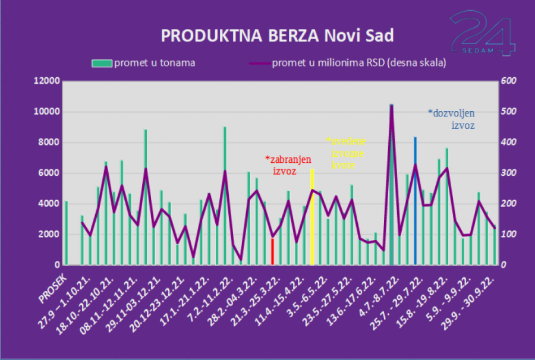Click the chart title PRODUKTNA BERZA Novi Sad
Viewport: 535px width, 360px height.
[x=277, y=36]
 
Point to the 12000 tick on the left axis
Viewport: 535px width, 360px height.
[x=46, y=81]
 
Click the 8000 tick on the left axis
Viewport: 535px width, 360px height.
[x=48, y=143]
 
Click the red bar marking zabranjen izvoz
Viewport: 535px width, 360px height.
[x=272, y=251]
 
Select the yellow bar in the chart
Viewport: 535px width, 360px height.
[x=312, y=217]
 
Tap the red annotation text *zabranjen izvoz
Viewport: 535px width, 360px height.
[x=284, y=165]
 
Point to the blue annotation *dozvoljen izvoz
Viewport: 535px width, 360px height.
[x=452, y=119]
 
